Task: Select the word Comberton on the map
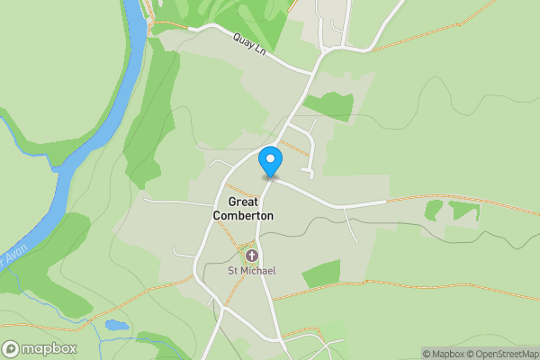pyautogui.click(x=243, y=216)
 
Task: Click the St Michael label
pyautogui.click(x=251, y=271)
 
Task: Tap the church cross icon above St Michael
pyautogui.click(x=251, y=256)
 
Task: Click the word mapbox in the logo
pyautogui.click(x=41, y=348)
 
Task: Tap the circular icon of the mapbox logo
pyautogui.click(x=11, y=348)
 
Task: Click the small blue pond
pyautogui.click(x=114, y=324)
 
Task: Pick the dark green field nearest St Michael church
pyautogui.click(x=321, y=274)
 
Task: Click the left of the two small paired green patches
pyautogui.click(x=434, y=210)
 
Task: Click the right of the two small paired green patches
pyautogui.click(x=464, y=211)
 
